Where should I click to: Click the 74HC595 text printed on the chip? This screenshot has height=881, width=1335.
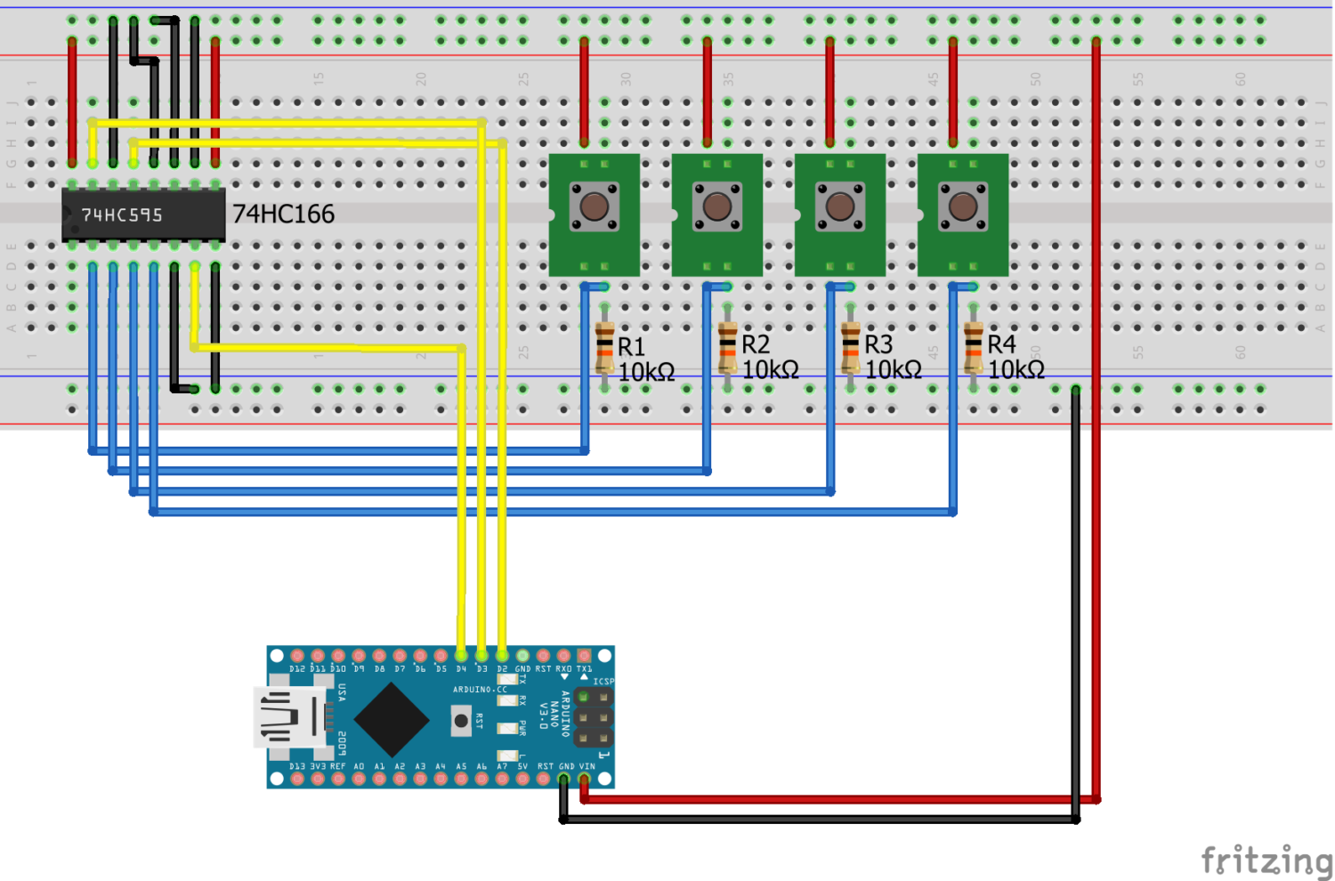click(x=122, y=215)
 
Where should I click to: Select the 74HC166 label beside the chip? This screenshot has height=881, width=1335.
click(x=283, y=214)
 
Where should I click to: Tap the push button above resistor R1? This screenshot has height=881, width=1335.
click(x=594, y=206)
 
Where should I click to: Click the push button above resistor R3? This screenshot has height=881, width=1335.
click(x=839, y=206)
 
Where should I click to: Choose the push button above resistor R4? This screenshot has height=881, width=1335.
click(x=962, y=206)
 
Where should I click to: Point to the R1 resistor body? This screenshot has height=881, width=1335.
click(x=605, y=347)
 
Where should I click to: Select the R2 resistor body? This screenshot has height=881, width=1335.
click(x=728, y=347)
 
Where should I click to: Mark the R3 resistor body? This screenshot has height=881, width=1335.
click(x=851, y=347)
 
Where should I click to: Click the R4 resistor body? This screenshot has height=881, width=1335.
click(x=974, y=347)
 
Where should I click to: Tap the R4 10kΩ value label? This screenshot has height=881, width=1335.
click(x=1016, y=369)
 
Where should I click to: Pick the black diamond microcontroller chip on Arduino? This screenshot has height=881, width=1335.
click(x=392, y=718)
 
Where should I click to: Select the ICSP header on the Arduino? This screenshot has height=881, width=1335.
click(x=593, y=717)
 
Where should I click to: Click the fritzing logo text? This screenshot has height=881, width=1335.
click(x=1266, y=860)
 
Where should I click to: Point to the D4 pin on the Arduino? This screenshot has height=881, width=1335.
click(x=461, y=656)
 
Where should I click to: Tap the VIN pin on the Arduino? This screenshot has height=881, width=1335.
click(x=585, y=780)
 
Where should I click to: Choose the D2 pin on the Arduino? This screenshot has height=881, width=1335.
click(x=502, y=656)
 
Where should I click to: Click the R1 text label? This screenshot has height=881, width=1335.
click(x=631, y=346)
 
